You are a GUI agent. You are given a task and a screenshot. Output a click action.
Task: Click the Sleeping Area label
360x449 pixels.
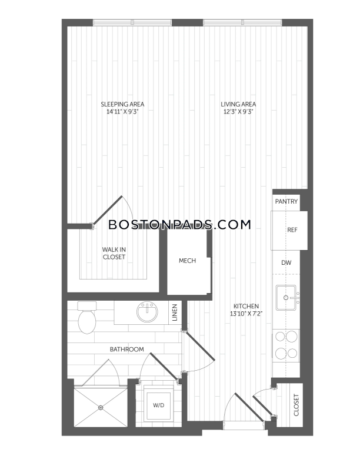point(122,104)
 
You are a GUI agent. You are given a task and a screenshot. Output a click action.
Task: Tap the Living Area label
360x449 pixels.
point(238,104)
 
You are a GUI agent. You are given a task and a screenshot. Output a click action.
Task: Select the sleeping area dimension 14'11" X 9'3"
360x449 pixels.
point(122,112)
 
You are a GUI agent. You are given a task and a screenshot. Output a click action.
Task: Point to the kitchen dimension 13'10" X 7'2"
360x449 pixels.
point(246,314)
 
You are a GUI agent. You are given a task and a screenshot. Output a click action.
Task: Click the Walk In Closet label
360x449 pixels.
point(114,253)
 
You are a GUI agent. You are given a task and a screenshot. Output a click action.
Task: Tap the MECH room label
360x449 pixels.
point(188,261)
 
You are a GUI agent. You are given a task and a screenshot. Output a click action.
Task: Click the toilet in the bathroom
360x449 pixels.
point(86,318)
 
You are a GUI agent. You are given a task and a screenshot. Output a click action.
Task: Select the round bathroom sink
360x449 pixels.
point(147,311)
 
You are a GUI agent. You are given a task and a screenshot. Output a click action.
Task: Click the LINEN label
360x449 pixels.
point(175,312)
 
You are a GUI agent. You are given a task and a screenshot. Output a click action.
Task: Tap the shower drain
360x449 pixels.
point(101,407)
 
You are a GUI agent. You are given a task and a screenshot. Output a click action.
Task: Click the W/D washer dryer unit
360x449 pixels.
point(159,405)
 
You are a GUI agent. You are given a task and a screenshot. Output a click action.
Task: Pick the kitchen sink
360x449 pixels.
point(286,298)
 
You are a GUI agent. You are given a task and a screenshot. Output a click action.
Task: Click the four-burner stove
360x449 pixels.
point(286,345)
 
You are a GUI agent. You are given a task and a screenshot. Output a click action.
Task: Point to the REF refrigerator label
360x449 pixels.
point(292,230)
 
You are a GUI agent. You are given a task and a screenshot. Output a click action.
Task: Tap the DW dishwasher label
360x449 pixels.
point(286,262)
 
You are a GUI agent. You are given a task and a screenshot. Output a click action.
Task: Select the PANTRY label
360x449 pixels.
point(286,201)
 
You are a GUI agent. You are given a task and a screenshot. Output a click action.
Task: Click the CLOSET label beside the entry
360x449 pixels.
point(296,405)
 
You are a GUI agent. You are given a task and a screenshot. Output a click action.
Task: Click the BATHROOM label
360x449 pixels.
point(127,350)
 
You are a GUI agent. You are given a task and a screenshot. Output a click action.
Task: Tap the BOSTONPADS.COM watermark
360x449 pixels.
point(180,225)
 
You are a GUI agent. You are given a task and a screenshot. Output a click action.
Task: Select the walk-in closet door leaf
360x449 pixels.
point(108,210)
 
